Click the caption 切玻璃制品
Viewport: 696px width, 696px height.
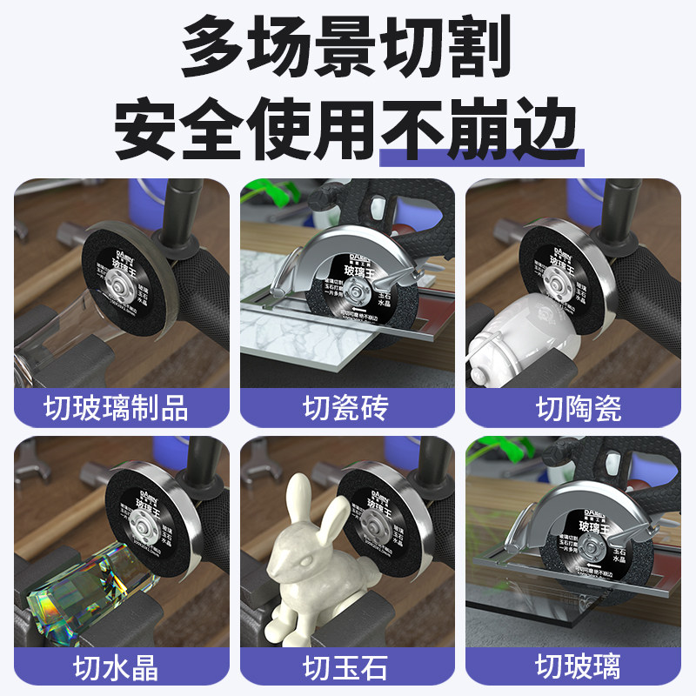(x=116, y=406)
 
